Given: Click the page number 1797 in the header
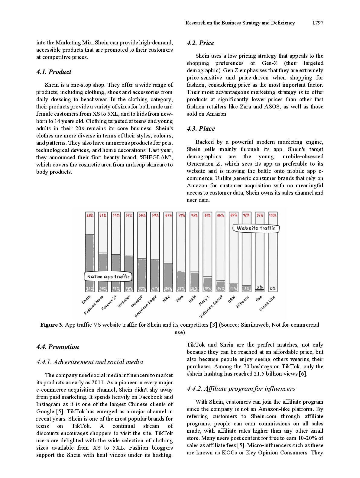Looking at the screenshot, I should point(318,23).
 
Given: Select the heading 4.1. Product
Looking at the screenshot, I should point(54,72).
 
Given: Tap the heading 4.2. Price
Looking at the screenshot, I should point(200,43).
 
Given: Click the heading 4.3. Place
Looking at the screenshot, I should point(201,129).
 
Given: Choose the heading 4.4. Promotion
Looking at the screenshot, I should point(57,347).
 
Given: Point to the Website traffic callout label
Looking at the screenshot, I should point(256,228).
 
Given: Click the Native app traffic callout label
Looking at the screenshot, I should point(108,277).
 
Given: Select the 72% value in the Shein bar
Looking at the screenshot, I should point(89,289).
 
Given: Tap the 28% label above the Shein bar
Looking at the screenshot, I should point(89,215).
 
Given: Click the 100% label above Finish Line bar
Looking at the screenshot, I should point(273,215).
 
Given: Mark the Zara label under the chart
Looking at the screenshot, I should point(180,299).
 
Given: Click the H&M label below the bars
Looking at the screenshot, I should point(193,299).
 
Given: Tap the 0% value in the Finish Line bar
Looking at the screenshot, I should point(273,289).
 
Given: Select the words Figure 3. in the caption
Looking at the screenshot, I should point(52,325).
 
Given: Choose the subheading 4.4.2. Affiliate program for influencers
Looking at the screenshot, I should point(241,389).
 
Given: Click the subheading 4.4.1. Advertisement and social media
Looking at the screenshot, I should point(89,362).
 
